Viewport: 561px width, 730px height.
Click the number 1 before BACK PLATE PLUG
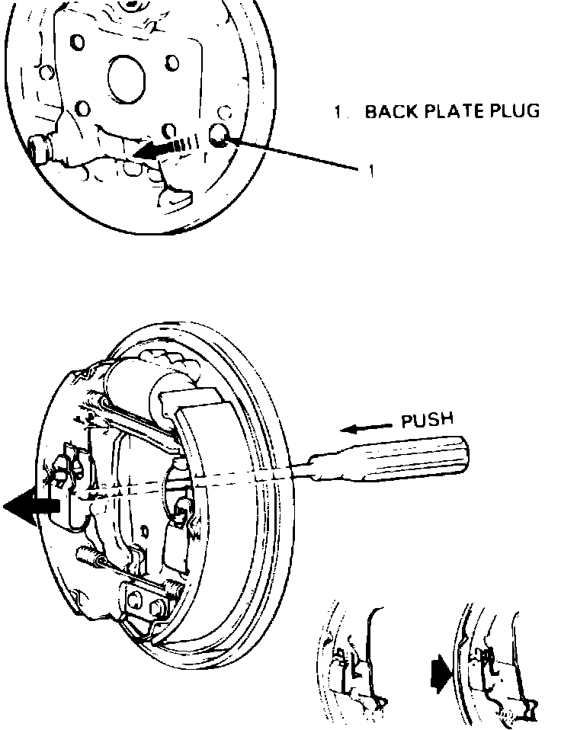tap(338, 112)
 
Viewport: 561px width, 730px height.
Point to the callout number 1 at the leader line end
tap(371, 171)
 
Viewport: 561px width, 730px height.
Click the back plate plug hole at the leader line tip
tap(220, 136)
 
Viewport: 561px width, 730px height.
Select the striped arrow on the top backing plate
tap(164, 148)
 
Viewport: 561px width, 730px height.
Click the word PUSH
tap(427, 420)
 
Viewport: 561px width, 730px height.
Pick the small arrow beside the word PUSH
tap(362, 429)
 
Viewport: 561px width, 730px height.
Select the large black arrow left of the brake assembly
tap(32, 507)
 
